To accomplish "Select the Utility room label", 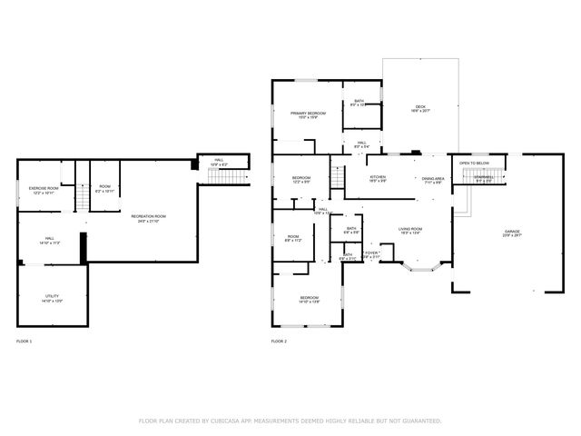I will point(51,297).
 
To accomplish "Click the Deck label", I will point(420,107).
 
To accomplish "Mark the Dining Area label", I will point(432,180).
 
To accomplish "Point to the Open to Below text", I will point(474,163).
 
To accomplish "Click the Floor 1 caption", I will point(25,341).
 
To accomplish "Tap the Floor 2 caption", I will point(279,341).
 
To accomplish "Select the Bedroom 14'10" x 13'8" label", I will point(309,299).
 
